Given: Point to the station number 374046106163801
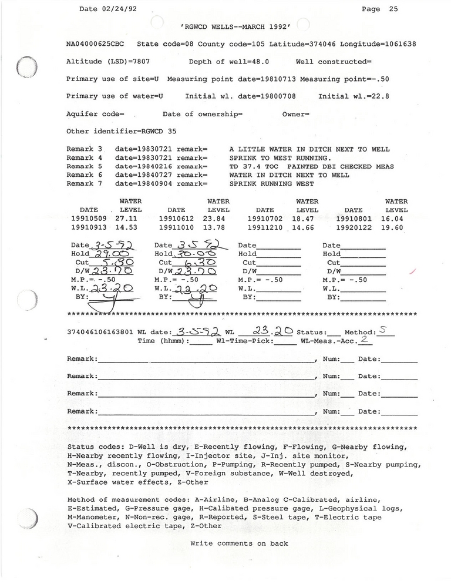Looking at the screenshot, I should click(x=100, y=332).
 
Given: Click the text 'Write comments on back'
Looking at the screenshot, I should click(x=239, y=543).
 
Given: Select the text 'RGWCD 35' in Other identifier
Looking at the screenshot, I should click(x=157, y=131).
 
